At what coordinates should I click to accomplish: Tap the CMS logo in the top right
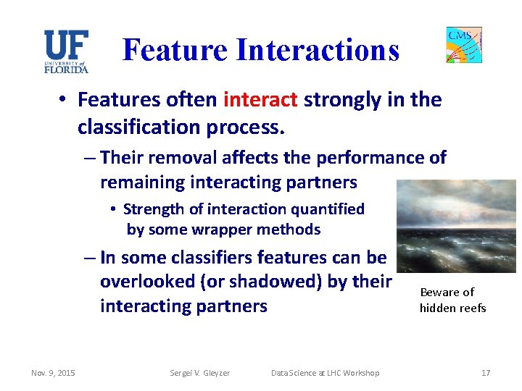(x=464, y=45)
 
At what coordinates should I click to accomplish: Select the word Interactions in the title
(x=318, y=50)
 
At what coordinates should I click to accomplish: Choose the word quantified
(x=328, y=209)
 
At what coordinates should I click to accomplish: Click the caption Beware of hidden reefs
(x=452, y=300)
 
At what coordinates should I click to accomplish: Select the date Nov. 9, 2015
(x=52, y=373)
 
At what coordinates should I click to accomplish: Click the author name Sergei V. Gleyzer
(x=200, y=373)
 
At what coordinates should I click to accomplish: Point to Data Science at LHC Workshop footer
(x=324, y=373)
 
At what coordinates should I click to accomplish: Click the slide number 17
(x=485, y=373)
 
